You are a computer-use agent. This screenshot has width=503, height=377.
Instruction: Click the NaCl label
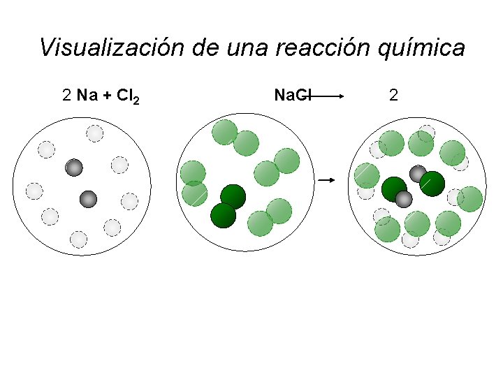292,95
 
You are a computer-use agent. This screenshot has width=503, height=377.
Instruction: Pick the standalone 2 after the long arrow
393,95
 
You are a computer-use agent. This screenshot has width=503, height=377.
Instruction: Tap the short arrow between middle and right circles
327,181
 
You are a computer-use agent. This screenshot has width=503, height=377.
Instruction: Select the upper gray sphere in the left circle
74,168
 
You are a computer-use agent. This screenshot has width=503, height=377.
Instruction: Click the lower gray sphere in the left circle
88,199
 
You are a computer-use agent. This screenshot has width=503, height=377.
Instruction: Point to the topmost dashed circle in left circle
94,133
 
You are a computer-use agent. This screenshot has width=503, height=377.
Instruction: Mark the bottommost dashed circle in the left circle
79,239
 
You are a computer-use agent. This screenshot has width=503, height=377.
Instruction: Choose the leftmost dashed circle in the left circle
34,191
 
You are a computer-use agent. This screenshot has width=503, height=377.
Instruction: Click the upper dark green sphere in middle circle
233,196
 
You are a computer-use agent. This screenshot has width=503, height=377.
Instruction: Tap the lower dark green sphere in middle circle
224,214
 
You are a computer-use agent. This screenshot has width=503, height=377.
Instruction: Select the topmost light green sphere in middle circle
225,131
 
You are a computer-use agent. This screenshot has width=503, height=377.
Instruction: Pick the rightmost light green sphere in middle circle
287,161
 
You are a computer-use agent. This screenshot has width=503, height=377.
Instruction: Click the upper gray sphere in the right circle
418,173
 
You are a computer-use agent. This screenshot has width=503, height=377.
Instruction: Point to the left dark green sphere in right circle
395,188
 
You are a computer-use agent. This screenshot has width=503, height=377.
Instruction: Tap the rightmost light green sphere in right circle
470,199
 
